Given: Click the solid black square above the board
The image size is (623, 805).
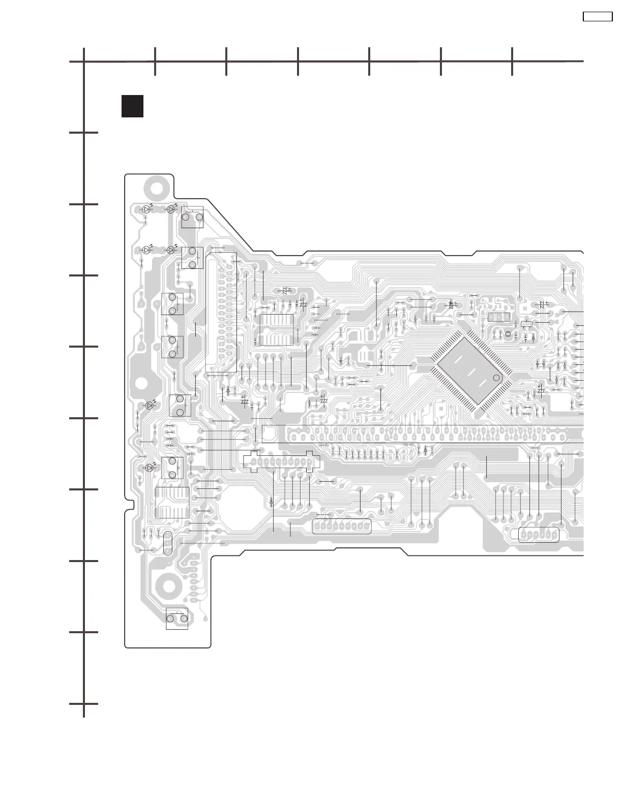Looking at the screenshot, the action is click(x=132, y=106).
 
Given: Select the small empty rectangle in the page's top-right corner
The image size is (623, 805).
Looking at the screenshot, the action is click(x=597, y=17).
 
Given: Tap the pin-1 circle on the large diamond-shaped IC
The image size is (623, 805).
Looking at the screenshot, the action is click(x=496, y=378).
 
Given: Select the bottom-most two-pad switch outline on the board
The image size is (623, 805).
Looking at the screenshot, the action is click(x=177, y=618).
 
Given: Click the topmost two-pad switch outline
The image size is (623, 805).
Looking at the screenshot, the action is click(x=192, y=217).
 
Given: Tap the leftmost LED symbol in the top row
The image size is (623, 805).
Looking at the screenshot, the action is click(x=147, y=209).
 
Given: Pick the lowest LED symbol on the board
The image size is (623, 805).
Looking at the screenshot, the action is click(x=150, y=468).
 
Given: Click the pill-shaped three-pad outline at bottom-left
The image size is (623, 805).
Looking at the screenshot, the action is click(x=168, y=543).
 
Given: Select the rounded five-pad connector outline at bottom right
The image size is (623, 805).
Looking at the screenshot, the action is click(x=538, y=535).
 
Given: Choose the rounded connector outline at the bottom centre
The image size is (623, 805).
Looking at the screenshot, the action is click(x=342, y=527).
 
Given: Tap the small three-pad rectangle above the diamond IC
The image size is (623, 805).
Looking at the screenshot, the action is click(x=498, y=318).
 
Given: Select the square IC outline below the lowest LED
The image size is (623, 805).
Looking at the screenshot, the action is click(x=172, y=502).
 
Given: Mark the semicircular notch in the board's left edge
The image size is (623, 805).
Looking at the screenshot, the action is click(x=127, y=504).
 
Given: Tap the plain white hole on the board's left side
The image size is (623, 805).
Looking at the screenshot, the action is click(x=141, y=383).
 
